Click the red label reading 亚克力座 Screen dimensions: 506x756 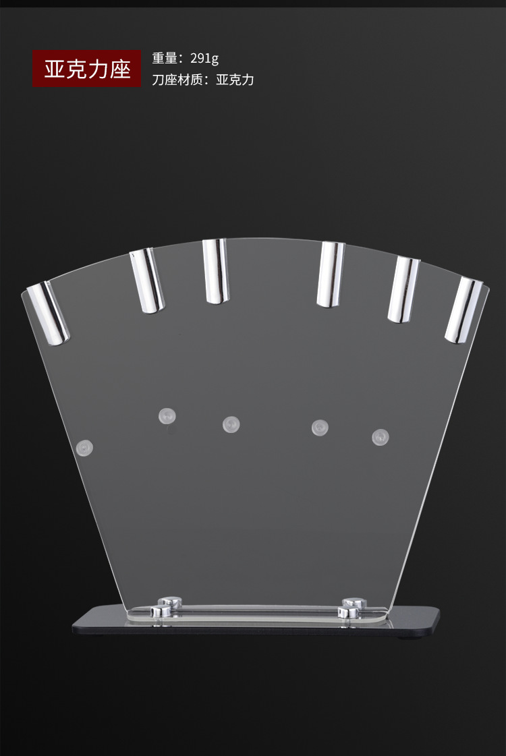[x=87, y=69]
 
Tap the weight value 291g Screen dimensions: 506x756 [x=204, y=59]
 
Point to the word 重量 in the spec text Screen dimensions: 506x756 [x=165, y=59]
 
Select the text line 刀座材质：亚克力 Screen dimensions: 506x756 [x=203, y=80]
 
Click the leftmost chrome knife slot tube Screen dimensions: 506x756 [x=48, y=314]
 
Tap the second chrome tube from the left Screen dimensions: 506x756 [x=146, y=281]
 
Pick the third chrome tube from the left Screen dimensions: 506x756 [x=216, y=271]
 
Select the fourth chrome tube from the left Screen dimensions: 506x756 [x=331, y=274]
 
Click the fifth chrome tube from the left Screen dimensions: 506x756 [x=403, y=289]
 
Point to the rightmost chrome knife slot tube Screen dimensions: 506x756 [x=463, y=310]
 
